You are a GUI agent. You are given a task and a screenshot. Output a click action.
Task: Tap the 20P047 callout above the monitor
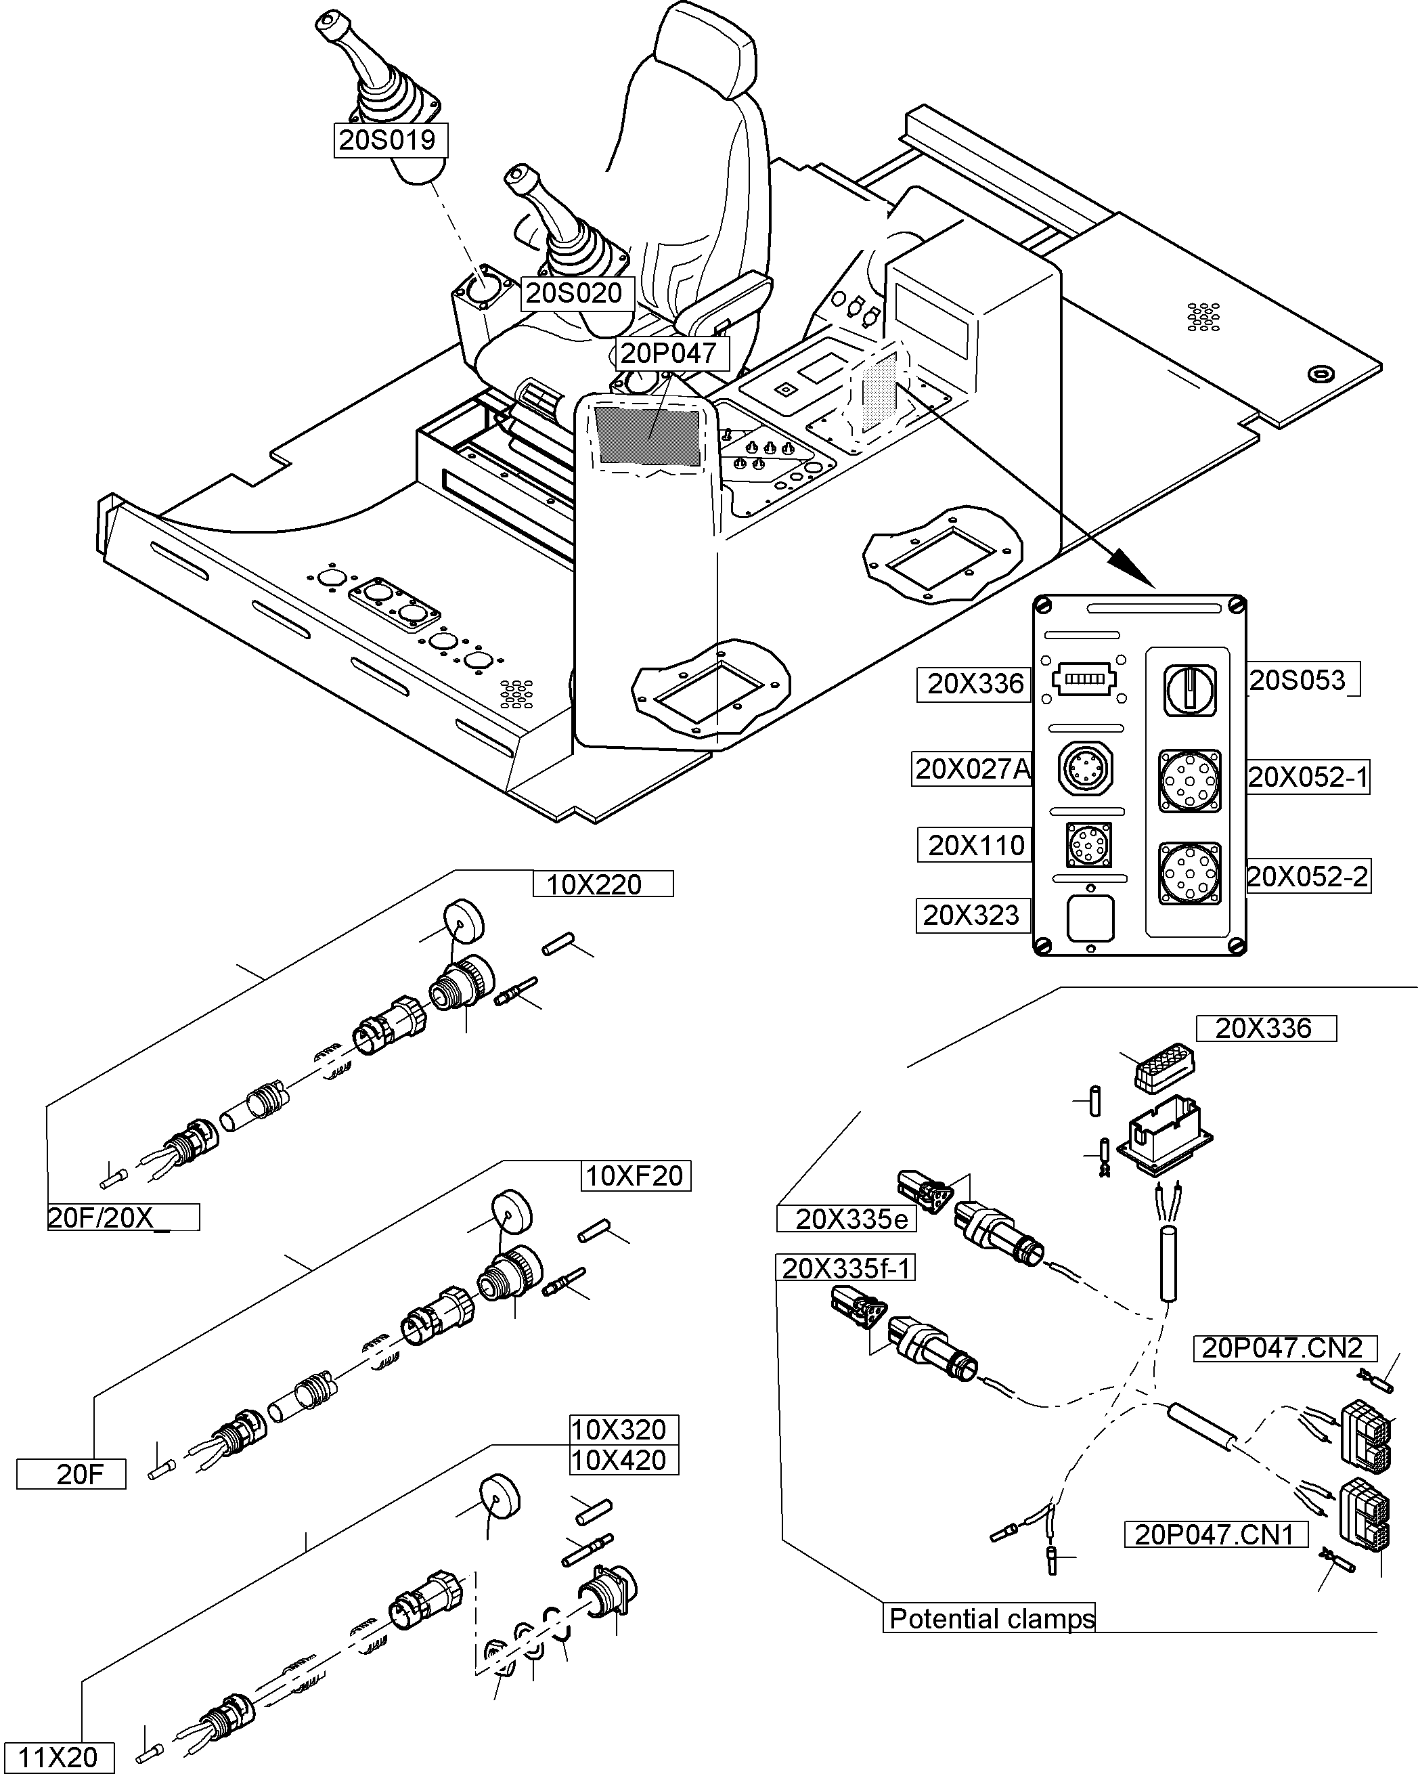670,353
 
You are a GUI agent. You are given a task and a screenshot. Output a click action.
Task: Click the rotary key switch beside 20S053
1189,689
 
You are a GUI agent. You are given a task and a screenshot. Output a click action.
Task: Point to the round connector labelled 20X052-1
1189,780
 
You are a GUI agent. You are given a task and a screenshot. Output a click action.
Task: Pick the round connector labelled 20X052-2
1189,873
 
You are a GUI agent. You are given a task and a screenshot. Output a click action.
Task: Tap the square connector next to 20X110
1088,844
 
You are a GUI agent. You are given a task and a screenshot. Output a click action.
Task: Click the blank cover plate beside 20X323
1090,917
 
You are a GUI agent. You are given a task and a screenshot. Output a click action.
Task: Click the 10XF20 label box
635,1176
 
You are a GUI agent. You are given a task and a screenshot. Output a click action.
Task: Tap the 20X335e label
851,1219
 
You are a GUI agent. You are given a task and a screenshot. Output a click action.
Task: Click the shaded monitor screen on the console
647,437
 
